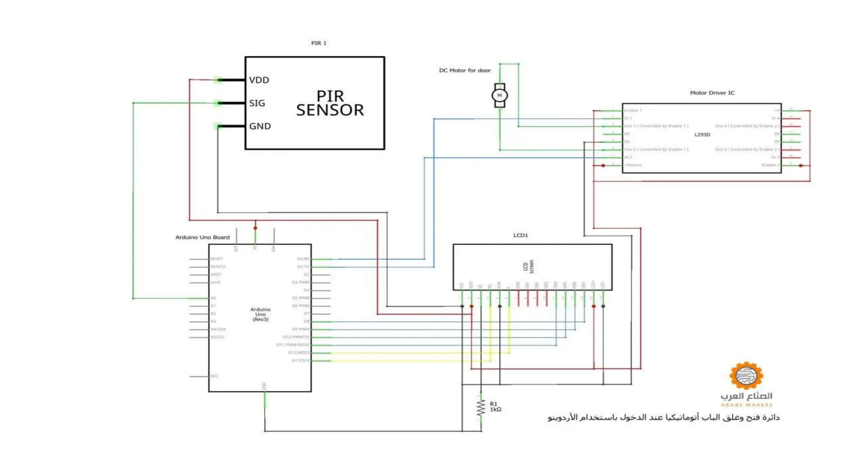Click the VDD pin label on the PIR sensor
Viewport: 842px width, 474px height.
click(259, 80)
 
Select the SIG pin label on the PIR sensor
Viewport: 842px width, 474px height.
click(257, 103)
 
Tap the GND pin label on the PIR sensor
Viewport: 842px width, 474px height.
click(260, 126)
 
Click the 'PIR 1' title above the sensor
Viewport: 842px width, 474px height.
click(319, 43)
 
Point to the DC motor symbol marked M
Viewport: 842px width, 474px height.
click(500, 95)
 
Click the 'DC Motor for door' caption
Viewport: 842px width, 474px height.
click(465, 70)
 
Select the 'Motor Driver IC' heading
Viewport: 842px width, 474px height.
click(712, 93)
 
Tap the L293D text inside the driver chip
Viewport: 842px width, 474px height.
click(702, 135)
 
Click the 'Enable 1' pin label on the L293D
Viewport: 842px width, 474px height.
click(633, 110)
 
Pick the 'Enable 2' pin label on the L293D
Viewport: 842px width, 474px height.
click(770, 165)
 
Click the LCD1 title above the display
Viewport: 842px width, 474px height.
click(520, 235)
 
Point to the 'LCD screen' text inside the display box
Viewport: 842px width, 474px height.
click(528, 267)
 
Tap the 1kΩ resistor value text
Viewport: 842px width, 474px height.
click(495, 410)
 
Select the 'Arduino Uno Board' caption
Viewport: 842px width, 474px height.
click(202, 237)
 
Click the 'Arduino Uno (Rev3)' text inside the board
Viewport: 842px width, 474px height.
click(260, 314)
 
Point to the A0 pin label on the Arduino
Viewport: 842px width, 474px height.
click(213, 298)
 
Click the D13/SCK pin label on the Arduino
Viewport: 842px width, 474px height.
click(301, 360)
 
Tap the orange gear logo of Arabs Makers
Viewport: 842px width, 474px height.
click(746, 375)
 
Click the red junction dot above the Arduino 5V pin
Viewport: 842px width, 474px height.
click(255, 228)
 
